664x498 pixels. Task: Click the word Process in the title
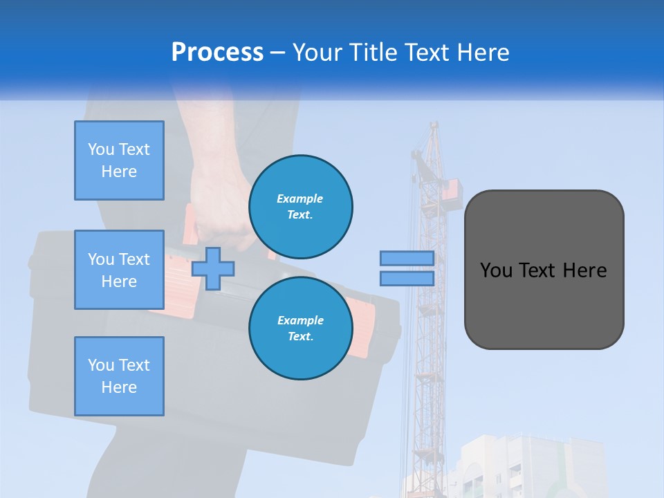(217, 52)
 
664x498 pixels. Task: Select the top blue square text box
(119, 160)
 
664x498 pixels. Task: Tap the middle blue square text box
(119, 270)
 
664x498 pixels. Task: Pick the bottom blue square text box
(119, 376)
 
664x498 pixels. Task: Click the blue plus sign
(213, 268)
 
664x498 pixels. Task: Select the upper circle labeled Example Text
(301, 206)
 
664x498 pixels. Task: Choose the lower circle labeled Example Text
(301, 328)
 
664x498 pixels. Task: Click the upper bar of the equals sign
(407, 258)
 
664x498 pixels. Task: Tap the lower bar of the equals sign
(407, 279)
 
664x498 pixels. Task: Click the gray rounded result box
(544, 304)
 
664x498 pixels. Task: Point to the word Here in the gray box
(584, 270)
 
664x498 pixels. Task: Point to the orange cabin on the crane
(450, 192)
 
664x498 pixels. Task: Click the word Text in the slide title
(429, 53)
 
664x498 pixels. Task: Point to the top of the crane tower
(434, 128)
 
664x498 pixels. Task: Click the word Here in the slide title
(484, 53)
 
